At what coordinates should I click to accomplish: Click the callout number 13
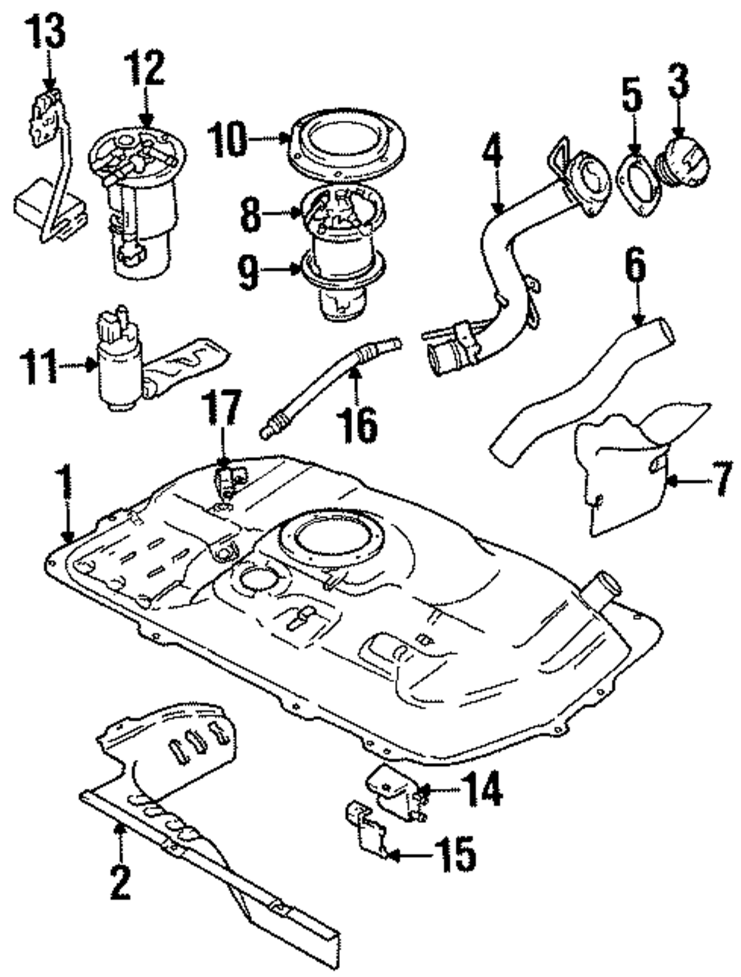pyautogui.click(x=47, y=30)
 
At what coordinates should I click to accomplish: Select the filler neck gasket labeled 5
pyautogui.click(x=638, y=184)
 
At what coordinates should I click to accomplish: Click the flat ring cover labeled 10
pyautogui.click(x=346, y=145)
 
